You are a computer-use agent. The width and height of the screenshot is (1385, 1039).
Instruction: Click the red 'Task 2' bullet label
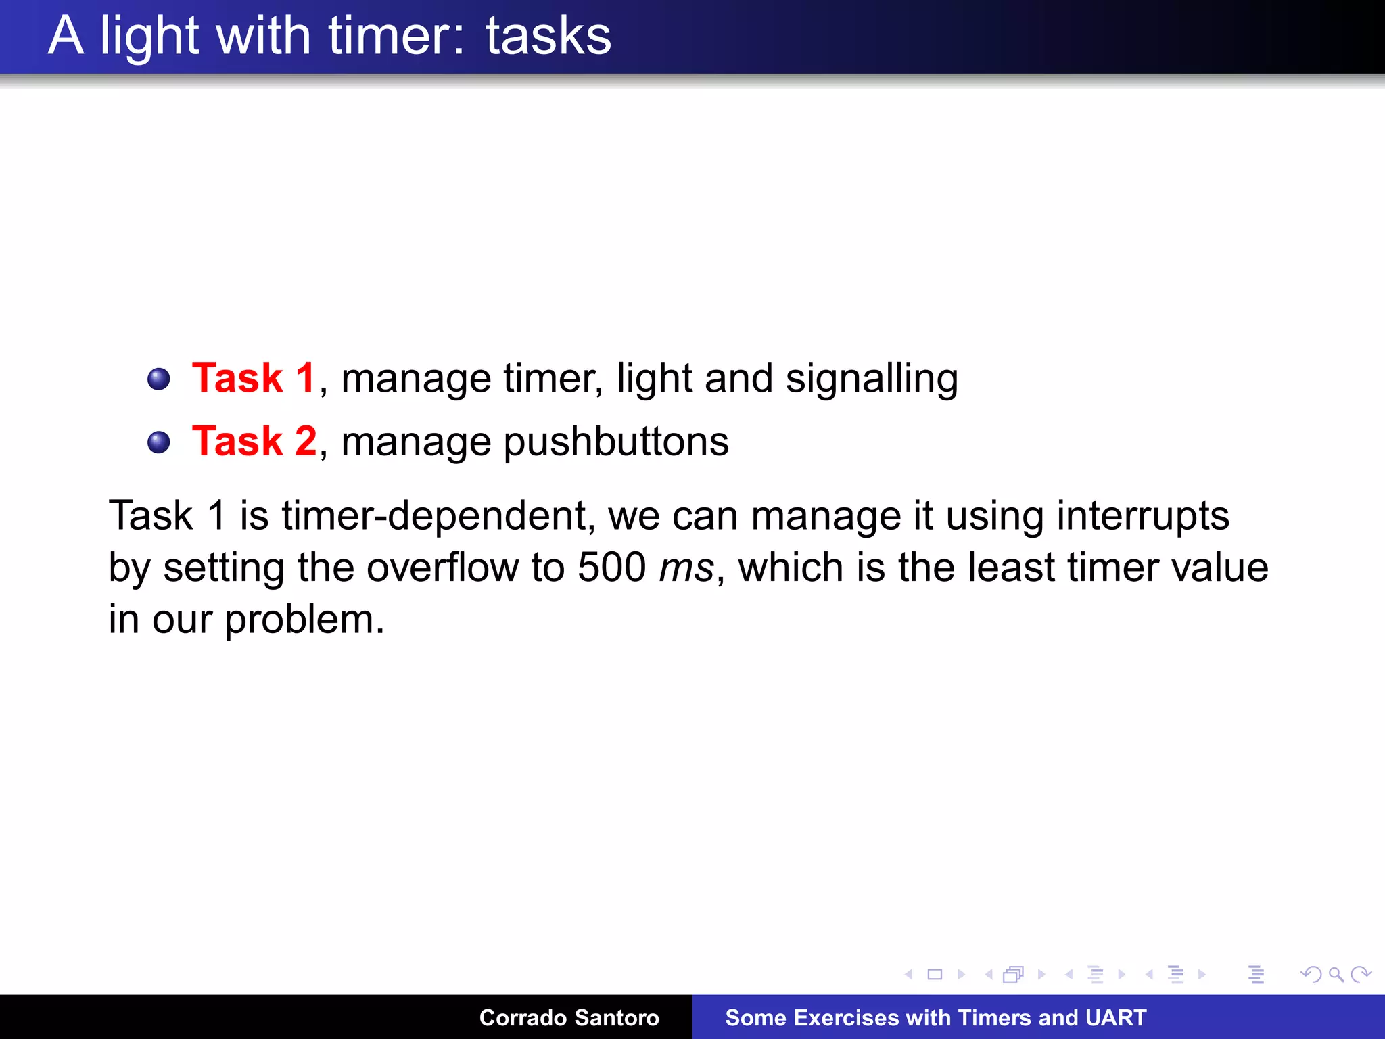[254, 441]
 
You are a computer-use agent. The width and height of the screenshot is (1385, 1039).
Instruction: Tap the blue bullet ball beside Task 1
[159, 379]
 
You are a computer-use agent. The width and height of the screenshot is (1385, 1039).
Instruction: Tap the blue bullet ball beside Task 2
[159, 442]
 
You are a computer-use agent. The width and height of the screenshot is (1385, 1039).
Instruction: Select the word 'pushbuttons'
[616, 442]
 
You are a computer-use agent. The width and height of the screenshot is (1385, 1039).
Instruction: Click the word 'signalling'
[872, 379]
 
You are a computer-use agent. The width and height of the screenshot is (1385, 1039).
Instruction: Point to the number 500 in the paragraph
[611, 567]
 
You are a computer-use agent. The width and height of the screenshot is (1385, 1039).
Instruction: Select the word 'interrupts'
[1142, 515]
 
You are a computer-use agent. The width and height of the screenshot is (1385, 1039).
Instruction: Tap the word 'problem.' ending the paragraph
[304, 620]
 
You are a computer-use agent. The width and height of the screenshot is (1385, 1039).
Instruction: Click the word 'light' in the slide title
[149, 37]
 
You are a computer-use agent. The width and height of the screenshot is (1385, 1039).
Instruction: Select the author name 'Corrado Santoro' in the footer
[569, 1017]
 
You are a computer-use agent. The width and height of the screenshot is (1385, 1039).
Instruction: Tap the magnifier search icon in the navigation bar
[1336, 975]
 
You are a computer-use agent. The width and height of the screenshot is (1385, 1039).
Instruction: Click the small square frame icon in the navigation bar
[935, 975]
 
